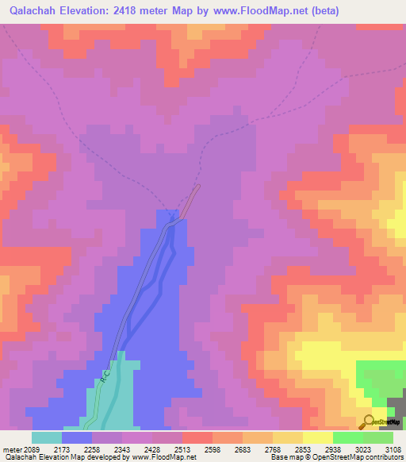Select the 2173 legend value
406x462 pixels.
70,449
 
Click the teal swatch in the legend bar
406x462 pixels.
47,437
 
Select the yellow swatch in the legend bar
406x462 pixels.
317,437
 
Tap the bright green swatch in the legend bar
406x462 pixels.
347,437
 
